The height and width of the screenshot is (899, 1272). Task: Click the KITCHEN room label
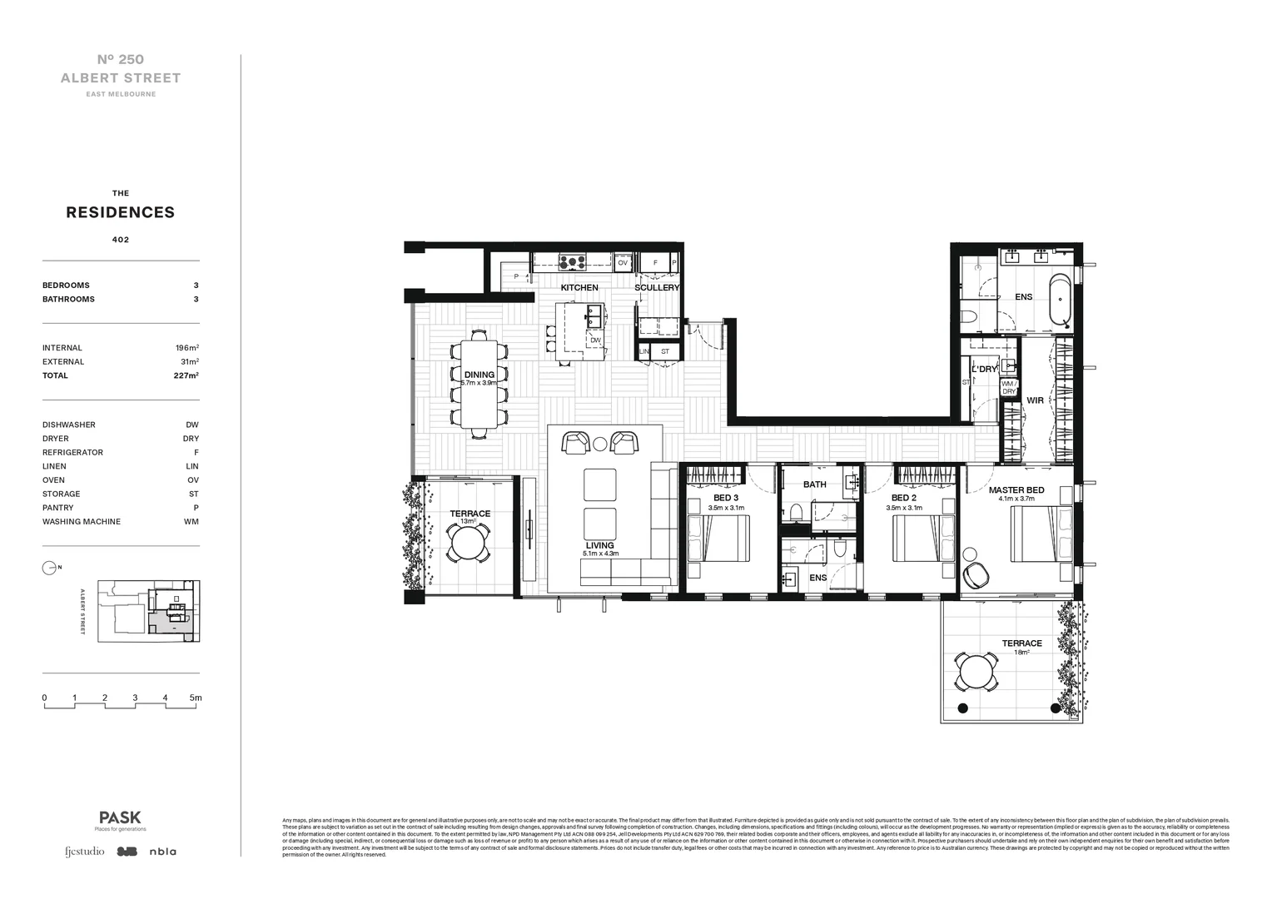click(579, 287)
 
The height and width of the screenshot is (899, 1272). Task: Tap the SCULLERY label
click(657, 287)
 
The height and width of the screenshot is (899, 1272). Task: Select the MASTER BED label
click(1016, 490)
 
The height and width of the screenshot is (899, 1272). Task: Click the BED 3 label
click(725, 498)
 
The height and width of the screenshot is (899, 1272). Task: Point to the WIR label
click(1035, 400)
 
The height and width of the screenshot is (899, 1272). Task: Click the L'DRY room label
click(984, 369)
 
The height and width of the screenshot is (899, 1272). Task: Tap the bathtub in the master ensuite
click(1060, 299)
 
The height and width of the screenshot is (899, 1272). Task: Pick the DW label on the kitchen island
click(595, 340)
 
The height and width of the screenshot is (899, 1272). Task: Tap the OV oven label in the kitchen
click(623, 262)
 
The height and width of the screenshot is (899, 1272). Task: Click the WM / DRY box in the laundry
click(1009, 387)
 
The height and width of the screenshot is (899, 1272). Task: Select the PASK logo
click(120, 817)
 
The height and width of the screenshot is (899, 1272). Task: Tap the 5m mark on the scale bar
click(196, 698)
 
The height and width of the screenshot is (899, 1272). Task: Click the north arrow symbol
click(49, 568)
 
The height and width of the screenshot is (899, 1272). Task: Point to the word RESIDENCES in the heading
click(121, 212)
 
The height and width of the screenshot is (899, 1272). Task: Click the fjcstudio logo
click(85, 852)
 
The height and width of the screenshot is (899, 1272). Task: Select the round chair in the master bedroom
click(975, 574)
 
